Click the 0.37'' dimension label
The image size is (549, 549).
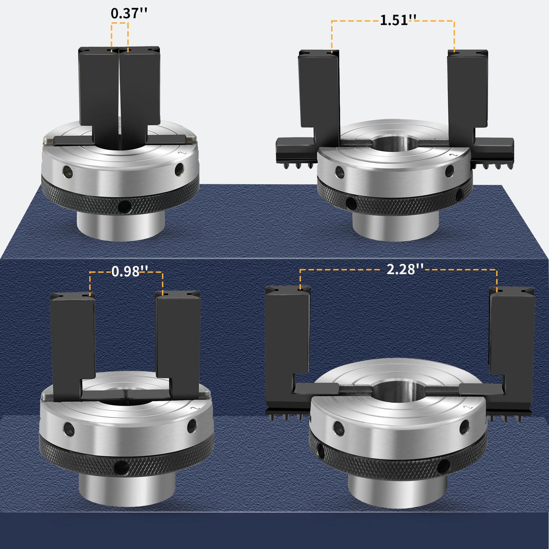[x=129, y=14]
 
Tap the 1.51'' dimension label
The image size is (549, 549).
[x=398, y=20]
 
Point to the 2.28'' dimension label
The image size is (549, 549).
[x=405, y=269]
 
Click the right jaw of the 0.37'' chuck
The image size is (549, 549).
[x=140, y=88]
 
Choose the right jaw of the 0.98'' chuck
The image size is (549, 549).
[x=177, y=342]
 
